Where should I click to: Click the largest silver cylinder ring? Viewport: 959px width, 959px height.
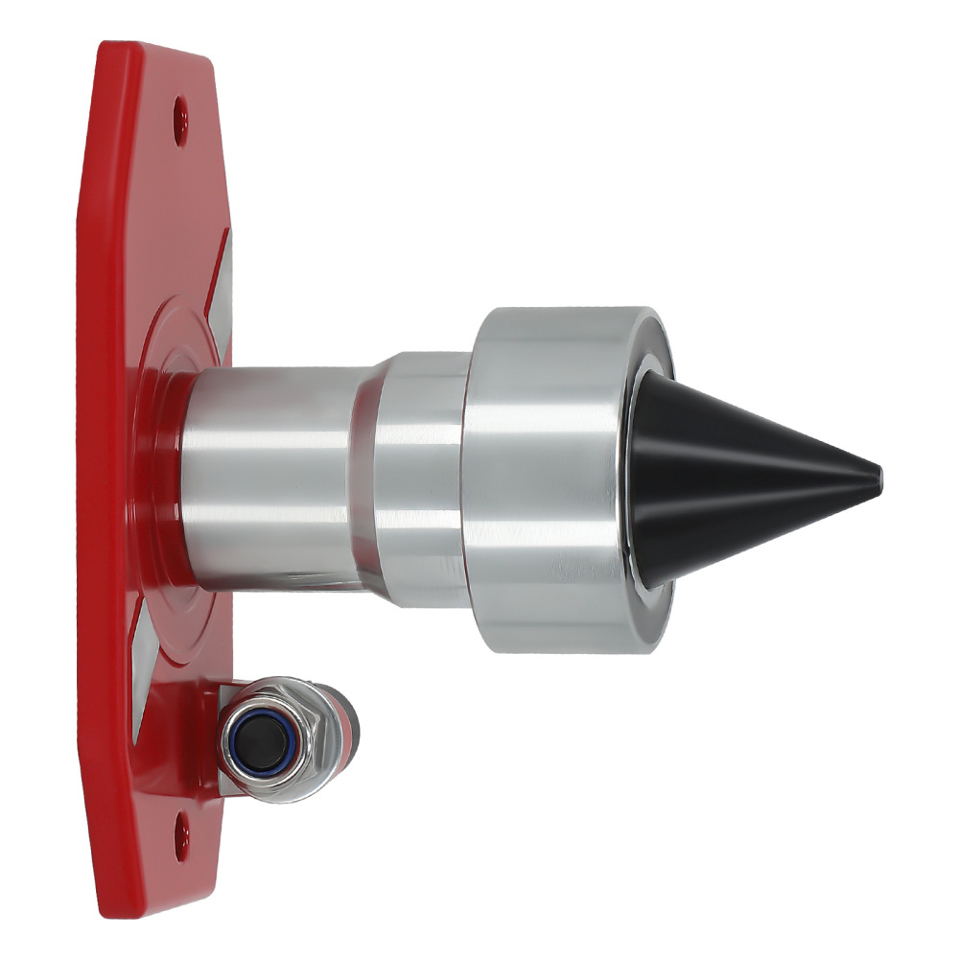coord(547,479)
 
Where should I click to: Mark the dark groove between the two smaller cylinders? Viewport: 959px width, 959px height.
coord(363,479)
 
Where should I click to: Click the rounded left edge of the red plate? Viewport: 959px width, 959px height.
coord(86,479)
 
